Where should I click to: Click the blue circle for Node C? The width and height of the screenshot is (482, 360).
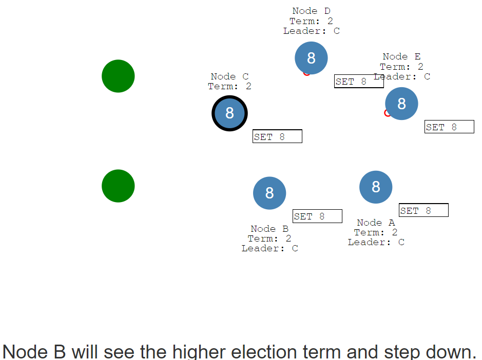point(229,113)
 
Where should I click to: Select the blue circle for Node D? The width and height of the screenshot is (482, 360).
point(311,58)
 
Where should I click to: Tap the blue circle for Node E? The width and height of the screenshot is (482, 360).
point(401,104)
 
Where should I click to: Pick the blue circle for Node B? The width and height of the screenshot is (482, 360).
point(269,193)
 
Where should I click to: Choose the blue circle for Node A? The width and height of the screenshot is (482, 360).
point(376,187)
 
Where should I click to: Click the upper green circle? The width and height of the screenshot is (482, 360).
point(119,76)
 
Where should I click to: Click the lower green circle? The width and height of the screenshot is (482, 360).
point(119,186)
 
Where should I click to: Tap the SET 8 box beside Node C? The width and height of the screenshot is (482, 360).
point(277,136)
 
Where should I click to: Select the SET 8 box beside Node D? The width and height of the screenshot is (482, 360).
point(359,82)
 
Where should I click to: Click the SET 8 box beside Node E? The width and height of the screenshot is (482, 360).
point(449,127)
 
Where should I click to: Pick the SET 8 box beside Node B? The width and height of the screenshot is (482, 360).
point(317,216)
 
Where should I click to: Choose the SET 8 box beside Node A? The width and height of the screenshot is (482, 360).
point(423,210)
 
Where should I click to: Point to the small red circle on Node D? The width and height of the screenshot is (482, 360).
point(305,74)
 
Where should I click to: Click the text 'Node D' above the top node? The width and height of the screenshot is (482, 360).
point(311,11)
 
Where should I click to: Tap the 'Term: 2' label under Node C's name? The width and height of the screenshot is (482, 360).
point(229,86)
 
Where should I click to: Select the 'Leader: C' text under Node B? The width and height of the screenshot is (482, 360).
point(269,248)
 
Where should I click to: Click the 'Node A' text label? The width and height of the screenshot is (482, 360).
point(376,223)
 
